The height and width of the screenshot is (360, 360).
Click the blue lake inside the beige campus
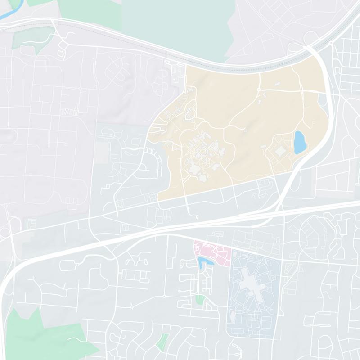(299, 142)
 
